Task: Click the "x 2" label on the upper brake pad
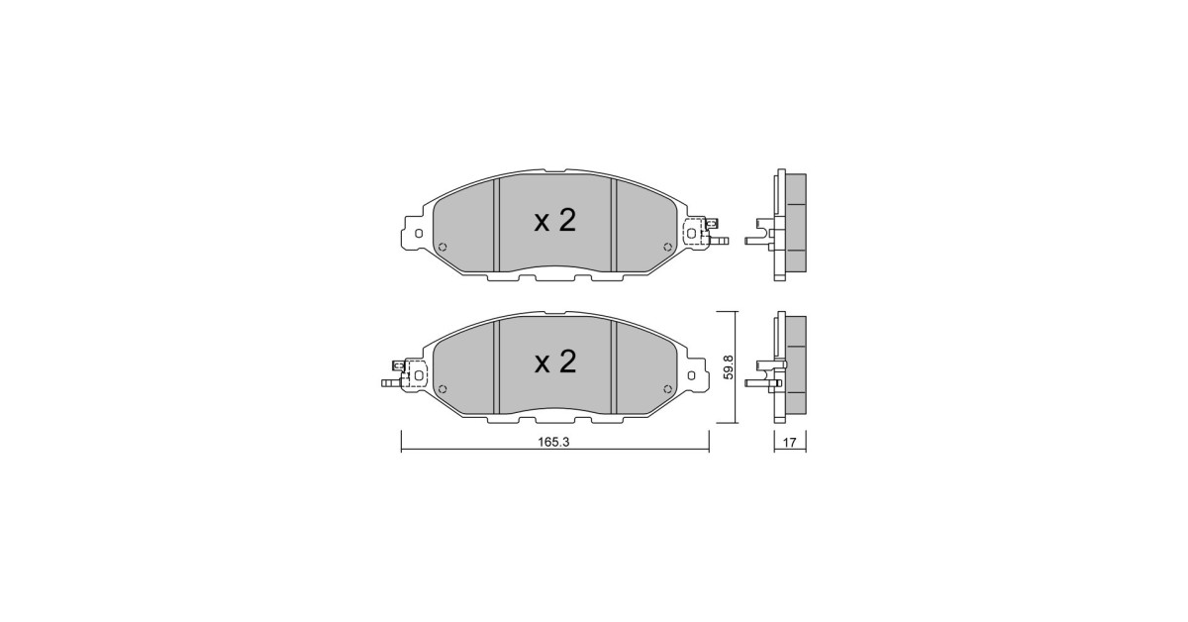(554, 221)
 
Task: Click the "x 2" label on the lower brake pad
(554, 362)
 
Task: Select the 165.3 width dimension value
(553, 442)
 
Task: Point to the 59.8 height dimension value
(729, 366)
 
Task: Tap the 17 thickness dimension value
(790, 442)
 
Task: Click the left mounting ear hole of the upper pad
(419, 234)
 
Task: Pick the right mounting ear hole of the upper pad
(692, 234)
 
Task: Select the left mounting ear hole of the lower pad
(419, 375)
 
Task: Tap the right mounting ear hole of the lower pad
(692, 375)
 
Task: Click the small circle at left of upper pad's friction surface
(444, 247)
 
